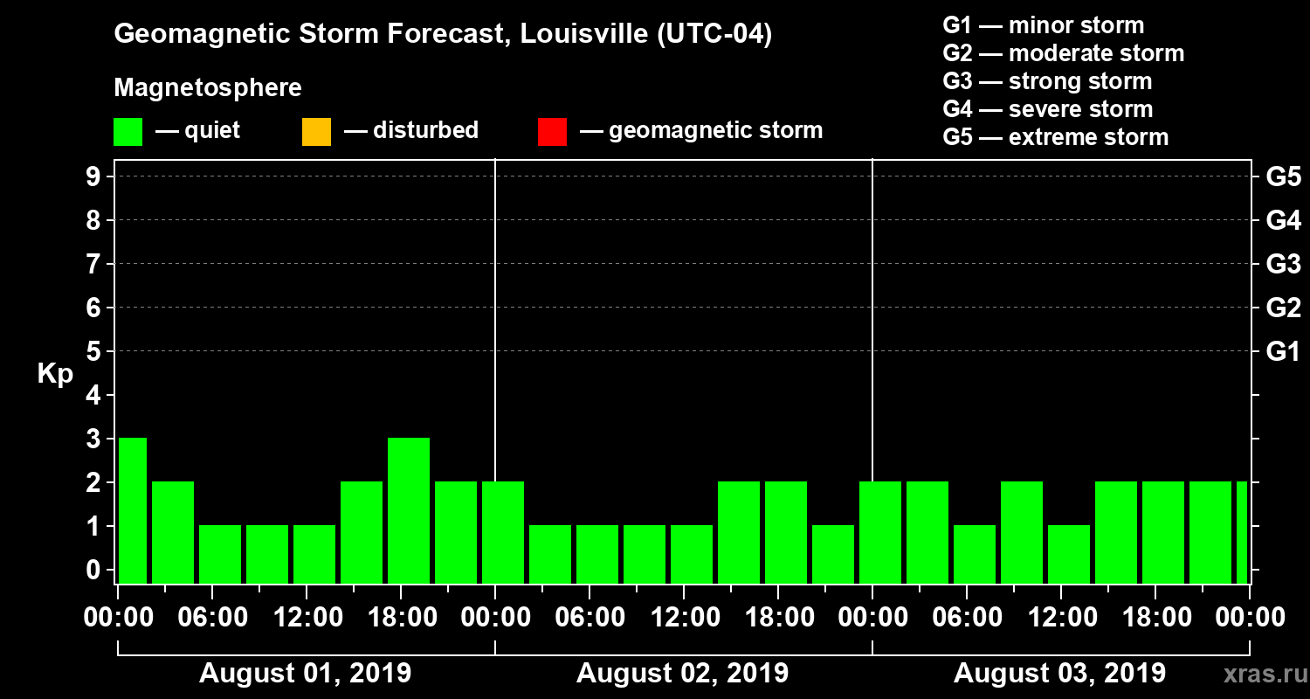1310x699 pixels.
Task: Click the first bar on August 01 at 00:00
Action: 133,510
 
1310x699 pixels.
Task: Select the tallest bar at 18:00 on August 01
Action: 409,510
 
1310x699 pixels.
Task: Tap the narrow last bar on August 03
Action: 1242,532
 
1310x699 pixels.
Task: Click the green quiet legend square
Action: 128,131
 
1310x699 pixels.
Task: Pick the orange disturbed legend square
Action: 316,131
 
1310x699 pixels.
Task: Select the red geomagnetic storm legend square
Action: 552,131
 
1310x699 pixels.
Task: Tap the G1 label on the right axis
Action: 1283,351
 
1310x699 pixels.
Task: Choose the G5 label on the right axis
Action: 1283,176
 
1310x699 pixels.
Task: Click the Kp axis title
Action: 54,374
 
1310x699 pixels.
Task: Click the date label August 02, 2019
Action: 682,674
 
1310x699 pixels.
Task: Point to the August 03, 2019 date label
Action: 1059,674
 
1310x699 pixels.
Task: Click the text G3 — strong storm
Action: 1047,81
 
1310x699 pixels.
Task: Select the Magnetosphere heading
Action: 208,88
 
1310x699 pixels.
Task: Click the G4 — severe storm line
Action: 1048,109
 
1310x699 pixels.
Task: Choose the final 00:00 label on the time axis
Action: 1249,618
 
